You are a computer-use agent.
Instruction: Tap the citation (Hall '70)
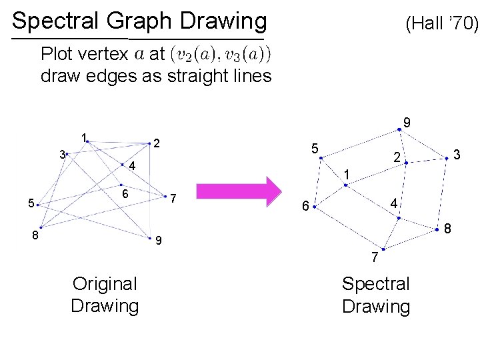click(x=442, y=25)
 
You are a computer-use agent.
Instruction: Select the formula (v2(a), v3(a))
click(x=221, y=53)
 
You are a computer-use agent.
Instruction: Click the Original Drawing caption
click(x=105, y=295)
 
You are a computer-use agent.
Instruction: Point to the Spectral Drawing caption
click(x=376, y=295)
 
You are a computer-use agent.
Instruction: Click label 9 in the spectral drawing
click(x=406, y=123)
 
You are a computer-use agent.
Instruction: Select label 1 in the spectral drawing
click(x=347, y=175)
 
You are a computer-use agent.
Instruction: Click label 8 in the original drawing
click(x=37, y=235)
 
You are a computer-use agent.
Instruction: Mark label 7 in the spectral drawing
click(x=375, y=257)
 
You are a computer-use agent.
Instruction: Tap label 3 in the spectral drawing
click(x=457, y=155)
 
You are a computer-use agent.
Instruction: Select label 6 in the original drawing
click(x=125, y=193)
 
